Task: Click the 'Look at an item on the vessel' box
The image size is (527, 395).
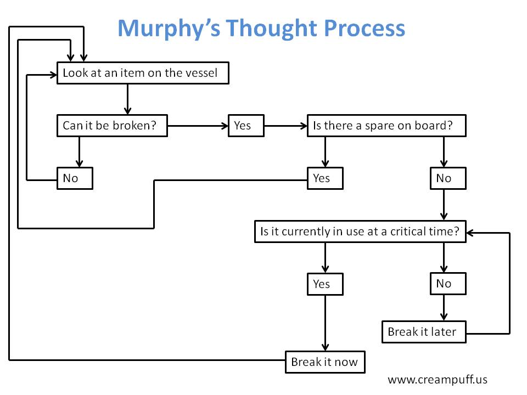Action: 143,73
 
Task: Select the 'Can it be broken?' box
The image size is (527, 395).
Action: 112,126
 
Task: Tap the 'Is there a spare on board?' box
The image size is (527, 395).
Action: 386,126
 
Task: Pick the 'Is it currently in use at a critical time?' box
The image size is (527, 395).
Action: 360,232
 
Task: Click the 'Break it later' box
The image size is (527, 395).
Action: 424,332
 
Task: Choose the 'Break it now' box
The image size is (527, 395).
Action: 325,362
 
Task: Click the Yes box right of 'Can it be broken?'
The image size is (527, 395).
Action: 246,126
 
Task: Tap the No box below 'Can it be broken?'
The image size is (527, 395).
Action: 75,178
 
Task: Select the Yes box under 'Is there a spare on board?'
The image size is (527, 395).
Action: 325,178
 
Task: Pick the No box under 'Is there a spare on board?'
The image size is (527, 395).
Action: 448,178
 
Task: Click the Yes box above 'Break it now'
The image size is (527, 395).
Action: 325,284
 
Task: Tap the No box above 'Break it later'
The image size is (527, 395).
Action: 448,284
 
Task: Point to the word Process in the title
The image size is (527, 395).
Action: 365,28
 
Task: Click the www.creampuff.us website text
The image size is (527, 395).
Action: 438,380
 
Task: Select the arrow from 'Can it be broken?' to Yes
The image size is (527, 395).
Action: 198,126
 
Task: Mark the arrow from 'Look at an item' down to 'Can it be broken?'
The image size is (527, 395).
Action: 127,99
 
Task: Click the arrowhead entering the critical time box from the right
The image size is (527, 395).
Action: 470,233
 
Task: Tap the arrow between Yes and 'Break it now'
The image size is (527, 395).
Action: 325,323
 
